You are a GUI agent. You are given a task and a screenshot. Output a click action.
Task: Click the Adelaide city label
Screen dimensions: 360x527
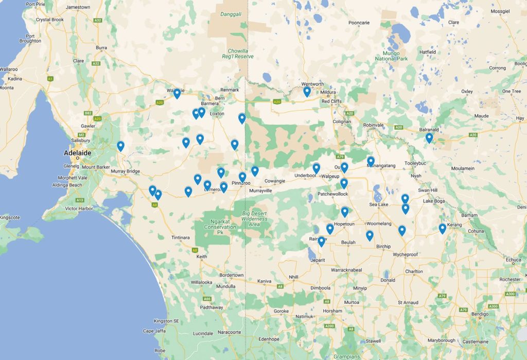(x=77, y=153)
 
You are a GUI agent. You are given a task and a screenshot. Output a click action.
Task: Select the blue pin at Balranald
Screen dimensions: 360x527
(x=429, y=138)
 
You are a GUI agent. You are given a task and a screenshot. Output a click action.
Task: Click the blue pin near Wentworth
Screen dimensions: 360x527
(x=307, y=92)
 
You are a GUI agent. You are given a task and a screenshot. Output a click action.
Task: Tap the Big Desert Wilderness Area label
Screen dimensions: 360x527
(x=256, y=218)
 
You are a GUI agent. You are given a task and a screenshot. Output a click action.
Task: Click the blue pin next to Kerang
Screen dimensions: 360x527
(x=442, y=228)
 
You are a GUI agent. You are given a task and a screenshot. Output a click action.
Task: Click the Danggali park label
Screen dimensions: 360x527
(x=231, y=14)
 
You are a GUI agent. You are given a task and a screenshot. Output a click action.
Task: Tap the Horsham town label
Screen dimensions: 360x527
(x=332, y=311)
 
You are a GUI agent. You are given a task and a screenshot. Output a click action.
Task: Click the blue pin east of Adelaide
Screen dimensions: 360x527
(x=120, y=146)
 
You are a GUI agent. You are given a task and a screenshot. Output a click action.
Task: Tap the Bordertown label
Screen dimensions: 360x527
(x=232, y=275)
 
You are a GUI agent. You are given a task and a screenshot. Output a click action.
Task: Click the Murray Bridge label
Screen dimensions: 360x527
(x=127, y=171)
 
